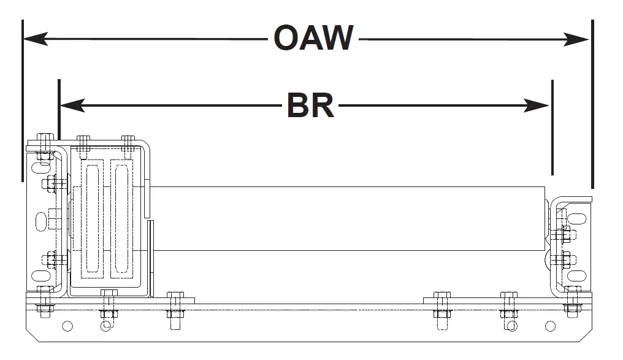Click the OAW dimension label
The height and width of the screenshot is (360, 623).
[313, 39]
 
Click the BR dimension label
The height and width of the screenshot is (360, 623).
[311, 105]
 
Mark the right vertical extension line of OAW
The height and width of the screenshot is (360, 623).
[592, 104]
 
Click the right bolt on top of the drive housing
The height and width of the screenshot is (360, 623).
[128, 142]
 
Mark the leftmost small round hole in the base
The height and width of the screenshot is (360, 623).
[67, 326]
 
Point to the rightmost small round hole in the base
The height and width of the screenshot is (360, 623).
[550, 326]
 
